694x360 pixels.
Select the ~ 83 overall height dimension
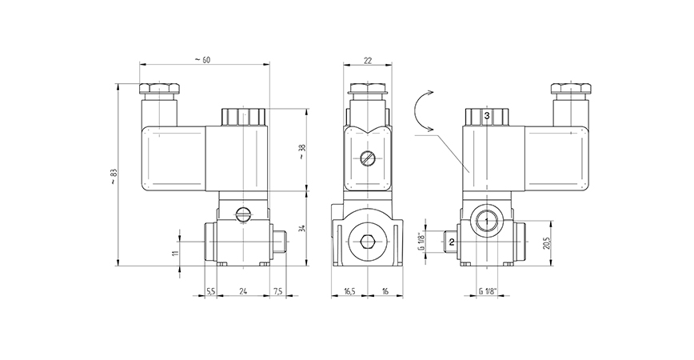(x=113, y=178)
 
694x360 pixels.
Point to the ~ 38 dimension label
(x=301, y=151)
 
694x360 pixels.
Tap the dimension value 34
(x=301, y=230)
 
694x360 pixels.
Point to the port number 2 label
(x=452, y=241)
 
